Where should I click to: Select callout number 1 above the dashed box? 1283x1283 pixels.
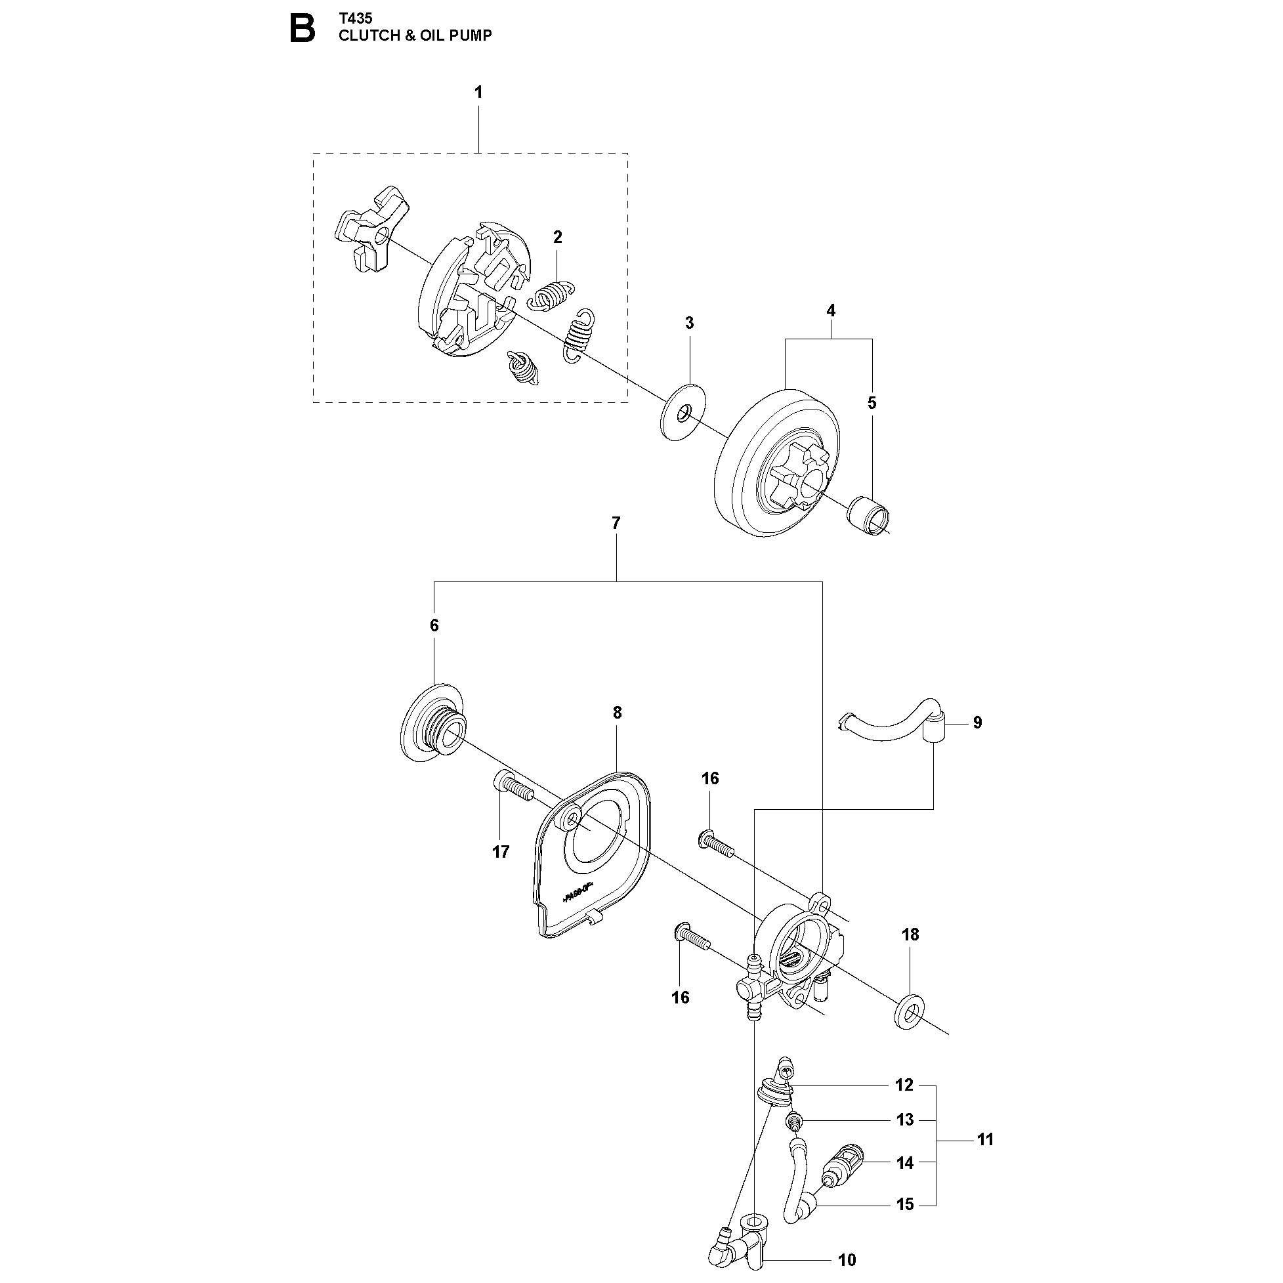tap(478, 93)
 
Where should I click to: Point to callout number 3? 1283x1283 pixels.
tap(689, 323)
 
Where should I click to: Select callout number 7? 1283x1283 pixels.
tap(616, 523)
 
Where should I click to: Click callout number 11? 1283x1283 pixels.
tap(986, 1139)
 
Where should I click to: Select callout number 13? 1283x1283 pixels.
tap(905, 1120)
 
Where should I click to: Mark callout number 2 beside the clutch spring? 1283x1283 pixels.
tap(558, 237)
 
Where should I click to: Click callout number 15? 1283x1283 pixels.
tap(905, 1205)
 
